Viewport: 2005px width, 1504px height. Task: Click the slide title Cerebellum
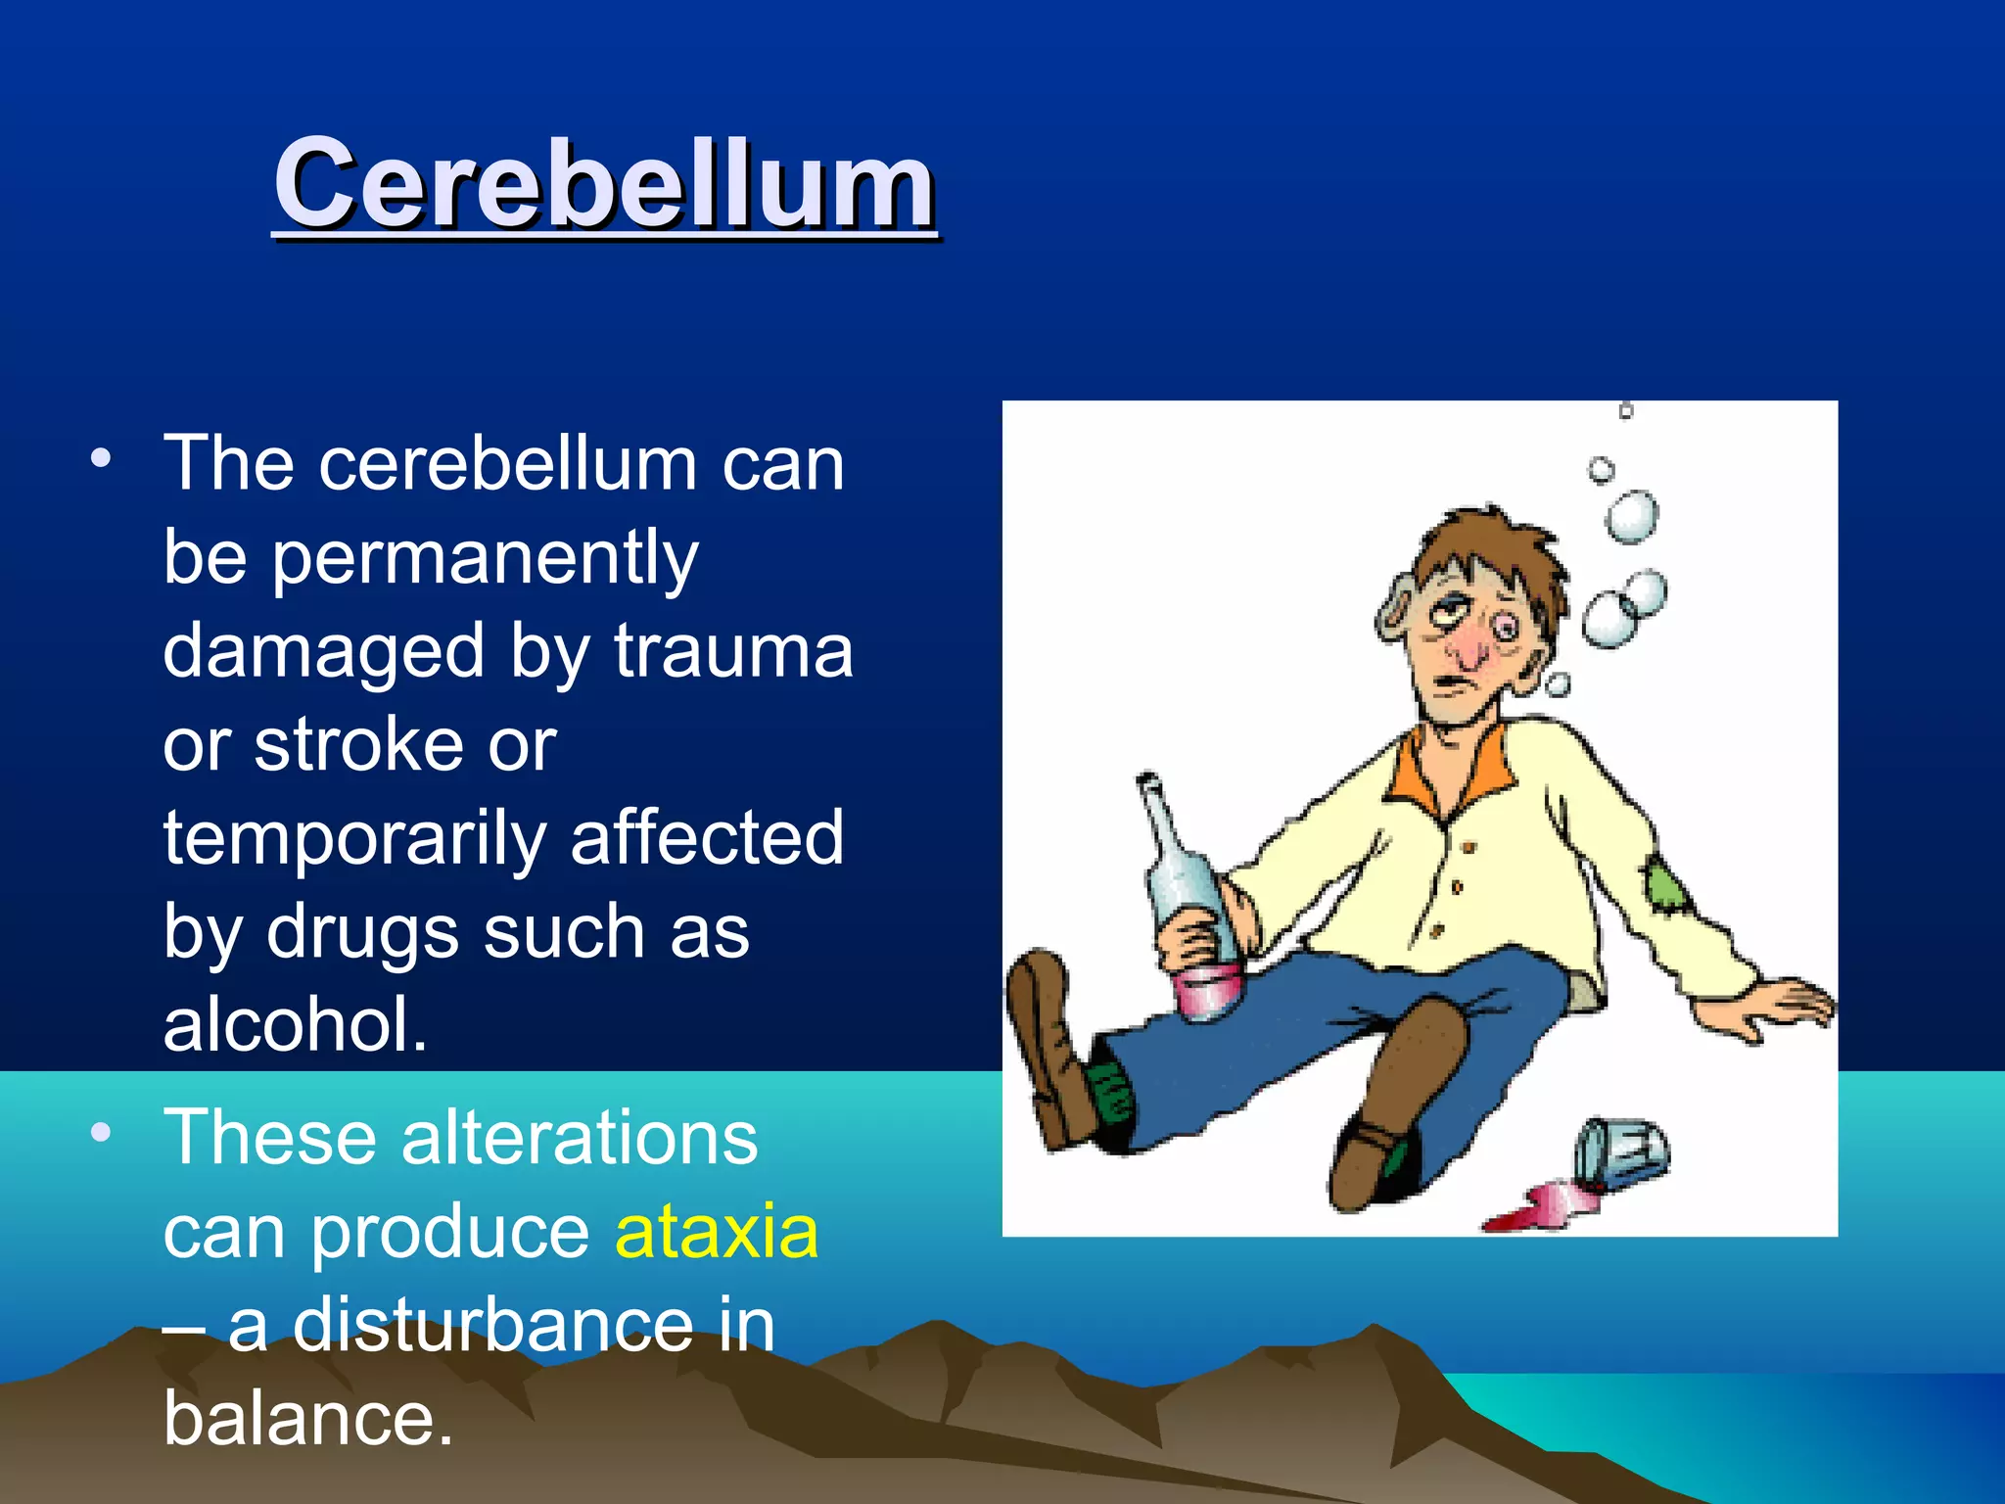click(x=604, y=184)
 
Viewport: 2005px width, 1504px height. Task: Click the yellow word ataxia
click(x=716, y=1231)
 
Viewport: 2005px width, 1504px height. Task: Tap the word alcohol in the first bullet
click(x=295, y=1024)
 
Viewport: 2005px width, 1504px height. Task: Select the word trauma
click(x=733, y=650)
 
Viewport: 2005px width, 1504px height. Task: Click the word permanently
click(x=485, y=558)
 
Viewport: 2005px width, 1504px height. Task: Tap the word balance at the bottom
click(x=307, y=1418)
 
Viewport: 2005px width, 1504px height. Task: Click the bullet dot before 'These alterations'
click(x=101, y=1134)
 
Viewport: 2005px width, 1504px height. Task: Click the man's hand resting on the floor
click(x=1771, y=1009)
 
